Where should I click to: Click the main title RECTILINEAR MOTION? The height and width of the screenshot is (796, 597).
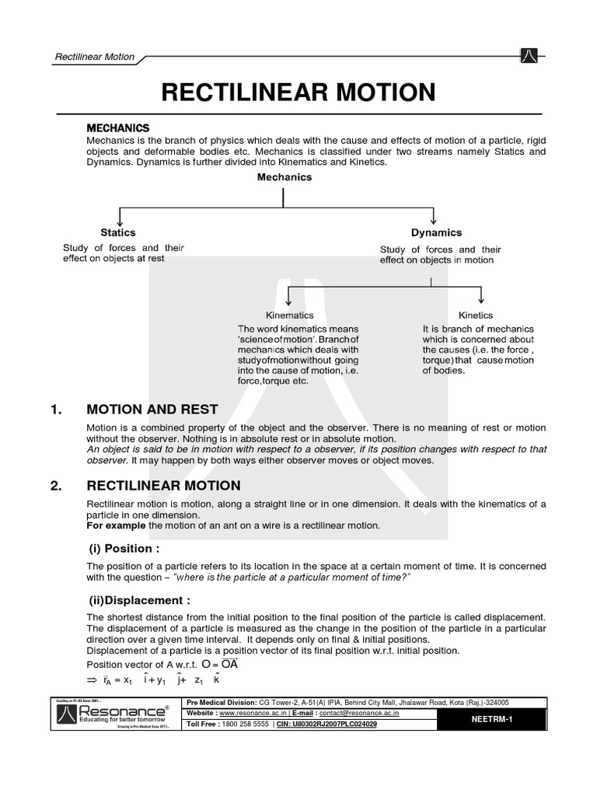[298, 92]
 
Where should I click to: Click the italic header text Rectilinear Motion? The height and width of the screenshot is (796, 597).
[95, 57]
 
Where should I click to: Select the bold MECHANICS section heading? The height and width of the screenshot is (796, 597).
[117, 127]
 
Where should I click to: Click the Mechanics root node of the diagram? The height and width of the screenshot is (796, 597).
[285, 177]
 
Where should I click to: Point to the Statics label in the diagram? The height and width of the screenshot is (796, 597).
[118, 232]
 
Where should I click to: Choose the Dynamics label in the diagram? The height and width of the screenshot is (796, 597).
[436, 232]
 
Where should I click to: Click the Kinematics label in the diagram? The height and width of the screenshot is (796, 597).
[290, 316]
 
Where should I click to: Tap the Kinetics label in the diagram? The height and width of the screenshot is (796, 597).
[476, 316]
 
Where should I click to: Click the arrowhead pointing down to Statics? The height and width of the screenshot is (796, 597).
[119, 222]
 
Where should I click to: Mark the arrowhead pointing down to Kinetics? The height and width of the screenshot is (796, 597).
[482, 300]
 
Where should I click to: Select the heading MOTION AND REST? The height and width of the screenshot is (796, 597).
[152, 410]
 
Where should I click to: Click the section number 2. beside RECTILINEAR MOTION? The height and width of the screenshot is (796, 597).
[55, 486]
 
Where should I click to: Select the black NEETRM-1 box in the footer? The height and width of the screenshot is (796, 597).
[491, 720]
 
